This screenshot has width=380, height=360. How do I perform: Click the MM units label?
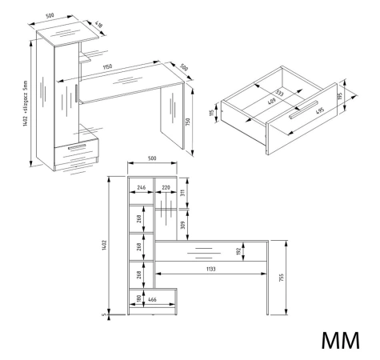click(340, 340)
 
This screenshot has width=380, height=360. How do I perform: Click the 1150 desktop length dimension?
click(107, 66)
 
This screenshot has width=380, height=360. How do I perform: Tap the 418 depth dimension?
click(98, 25)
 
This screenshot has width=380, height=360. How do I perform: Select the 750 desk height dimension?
click(188, 122)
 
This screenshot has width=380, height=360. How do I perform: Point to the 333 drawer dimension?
click(279, 94)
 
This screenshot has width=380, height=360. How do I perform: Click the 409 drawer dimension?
click(271, 101)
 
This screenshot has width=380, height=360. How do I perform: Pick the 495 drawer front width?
click(320, 110)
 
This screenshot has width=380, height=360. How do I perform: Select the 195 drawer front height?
click(339, 96)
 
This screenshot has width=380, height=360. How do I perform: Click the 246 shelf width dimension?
click(141, 187)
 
